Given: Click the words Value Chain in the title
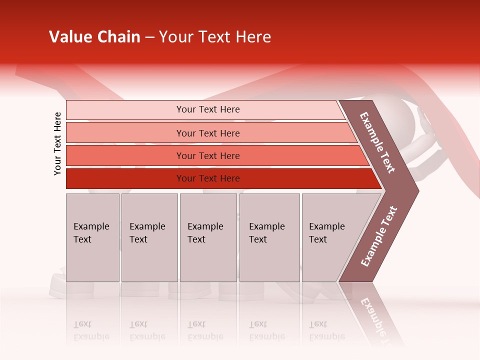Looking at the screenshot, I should click(94, 37).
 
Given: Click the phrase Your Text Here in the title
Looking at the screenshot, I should click(215, 37).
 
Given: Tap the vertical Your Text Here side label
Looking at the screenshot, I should click(57, 144).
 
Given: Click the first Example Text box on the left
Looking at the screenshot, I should click(92, 237).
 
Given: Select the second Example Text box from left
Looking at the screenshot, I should click(149, 237).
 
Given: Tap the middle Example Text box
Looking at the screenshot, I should click(208, 237).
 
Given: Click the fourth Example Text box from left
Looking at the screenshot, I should click(269, 237).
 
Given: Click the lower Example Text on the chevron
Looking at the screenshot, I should click(379, 236).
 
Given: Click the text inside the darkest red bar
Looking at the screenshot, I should click(208, 178).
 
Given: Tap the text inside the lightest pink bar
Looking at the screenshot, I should click(208, 109).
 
